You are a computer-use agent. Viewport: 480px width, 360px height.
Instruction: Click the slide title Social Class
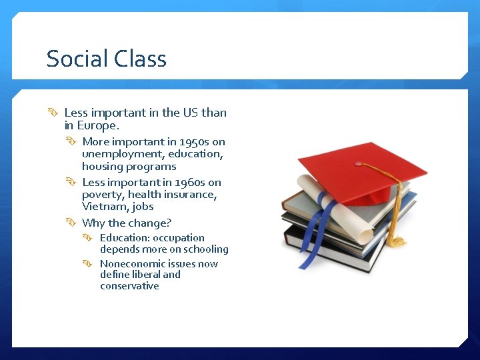[x=106, y=59]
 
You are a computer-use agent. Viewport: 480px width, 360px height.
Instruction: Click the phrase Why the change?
[x=127, y=223]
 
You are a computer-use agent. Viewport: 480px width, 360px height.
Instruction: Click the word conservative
[x=129, y=286]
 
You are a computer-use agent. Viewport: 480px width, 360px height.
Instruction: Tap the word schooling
[x=206, y=249]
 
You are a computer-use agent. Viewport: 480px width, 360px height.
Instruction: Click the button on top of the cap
[x=358, y=163]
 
